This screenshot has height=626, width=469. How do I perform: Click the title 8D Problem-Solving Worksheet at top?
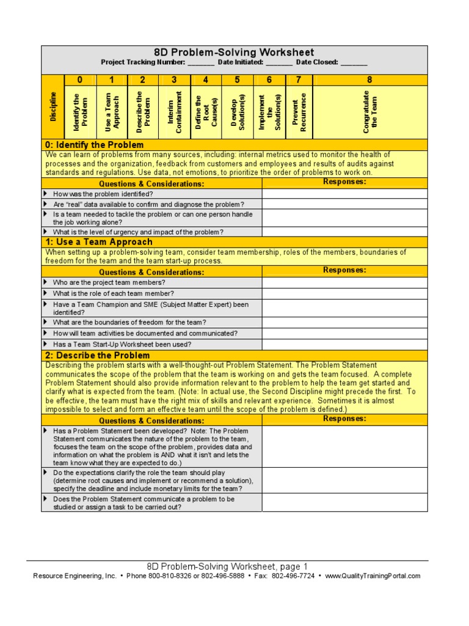(234, 53)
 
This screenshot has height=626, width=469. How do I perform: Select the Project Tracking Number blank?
(201, 63)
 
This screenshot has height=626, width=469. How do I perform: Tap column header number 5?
(238, 79)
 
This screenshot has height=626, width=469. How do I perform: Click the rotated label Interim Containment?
(175, 112)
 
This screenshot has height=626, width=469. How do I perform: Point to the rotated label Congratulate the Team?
(369, 112)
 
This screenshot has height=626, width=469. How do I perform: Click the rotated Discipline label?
(53, 106)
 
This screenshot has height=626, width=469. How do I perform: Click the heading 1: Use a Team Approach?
(98, 242)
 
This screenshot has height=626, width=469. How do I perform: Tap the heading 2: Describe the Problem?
(97, 355)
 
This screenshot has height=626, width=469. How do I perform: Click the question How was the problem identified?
(103, 194)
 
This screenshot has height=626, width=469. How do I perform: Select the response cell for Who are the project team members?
(345, 282)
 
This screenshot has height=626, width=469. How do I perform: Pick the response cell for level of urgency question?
(345, 232)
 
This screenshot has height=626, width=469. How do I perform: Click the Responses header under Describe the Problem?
(345, 419)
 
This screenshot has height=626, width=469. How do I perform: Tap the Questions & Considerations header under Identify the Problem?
(151, 183)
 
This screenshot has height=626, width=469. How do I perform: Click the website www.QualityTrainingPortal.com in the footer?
(373, 576)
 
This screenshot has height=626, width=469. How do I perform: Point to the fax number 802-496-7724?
(293, 576)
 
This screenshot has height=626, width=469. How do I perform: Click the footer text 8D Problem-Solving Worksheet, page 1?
(227, 566)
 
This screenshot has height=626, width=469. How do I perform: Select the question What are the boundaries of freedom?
(129, 322)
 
